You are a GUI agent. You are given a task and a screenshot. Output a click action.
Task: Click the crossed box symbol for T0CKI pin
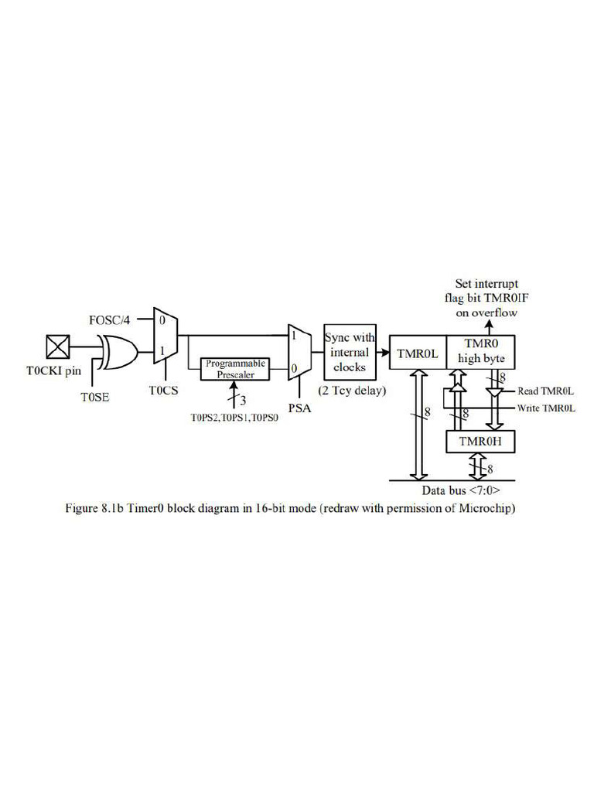57,347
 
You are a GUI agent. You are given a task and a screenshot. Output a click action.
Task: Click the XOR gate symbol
120,352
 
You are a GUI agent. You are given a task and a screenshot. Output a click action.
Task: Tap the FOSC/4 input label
109,320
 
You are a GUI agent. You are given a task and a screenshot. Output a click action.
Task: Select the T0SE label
95,398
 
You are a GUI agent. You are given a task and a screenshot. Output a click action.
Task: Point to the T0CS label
164,391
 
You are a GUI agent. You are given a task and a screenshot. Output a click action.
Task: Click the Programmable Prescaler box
235,369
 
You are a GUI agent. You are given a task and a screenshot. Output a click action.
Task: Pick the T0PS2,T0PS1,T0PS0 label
234,418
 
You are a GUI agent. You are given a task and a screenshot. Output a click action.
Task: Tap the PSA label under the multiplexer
299,408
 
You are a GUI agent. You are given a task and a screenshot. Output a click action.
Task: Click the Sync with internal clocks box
350,352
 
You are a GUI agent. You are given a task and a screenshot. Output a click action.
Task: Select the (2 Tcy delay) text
352,391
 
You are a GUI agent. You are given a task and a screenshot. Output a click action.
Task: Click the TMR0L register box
418,352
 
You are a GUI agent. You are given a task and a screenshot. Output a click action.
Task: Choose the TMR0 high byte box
481,352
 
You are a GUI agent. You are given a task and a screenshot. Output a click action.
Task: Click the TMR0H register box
480,442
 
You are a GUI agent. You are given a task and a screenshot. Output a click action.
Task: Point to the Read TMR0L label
545,391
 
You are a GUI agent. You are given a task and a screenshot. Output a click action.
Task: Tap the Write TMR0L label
546,408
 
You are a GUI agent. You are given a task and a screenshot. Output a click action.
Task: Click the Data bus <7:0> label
461,490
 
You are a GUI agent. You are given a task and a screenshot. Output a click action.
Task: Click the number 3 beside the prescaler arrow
243,401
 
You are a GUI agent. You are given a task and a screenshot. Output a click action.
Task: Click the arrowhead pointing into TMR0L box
386,352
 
